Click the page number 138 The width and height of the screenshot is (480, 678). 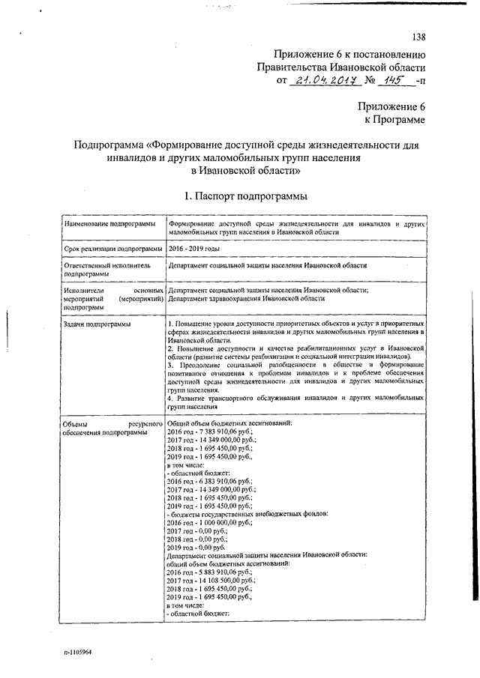coord(418,38)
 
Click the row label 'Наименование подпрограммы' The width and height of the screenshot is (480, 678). coord(109,223)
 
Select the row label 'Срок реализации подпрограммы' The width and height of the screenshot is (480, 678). coord(113,248)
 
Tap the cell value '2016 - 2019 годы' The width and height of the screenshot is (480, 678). coord(194,248)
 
